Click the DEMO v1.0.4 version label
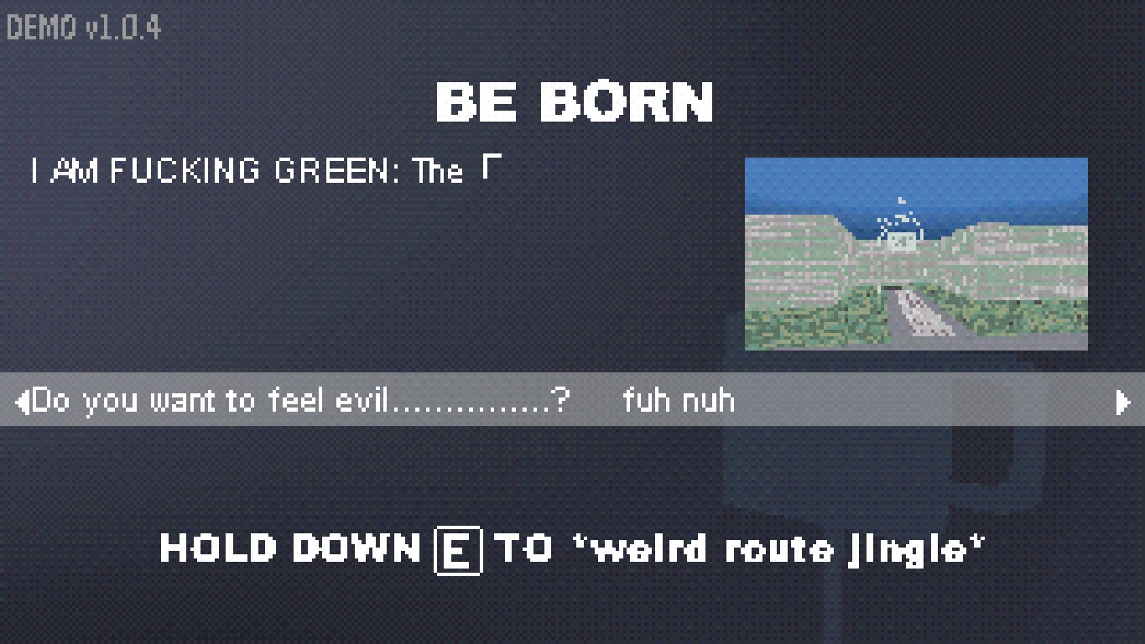pyautogui.click(x=84, y=28)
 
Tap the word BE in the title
pyautogui.click(x=476, y=102)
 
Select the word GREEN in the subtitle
pyautogui.click(x=331, y=170)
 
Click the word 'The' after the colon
pyautogui.click(x=438, y=170)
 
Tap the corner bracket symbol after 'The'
pyautogui.click(x=492, y=167)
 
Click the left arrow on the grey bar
pyautogui.click(x=23, y=402)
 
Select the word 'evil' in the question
pyautogui.click(x=362, y=400)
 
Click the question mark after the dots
pyautogui.click(x=561, y=400)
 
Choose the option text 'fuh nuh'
pyautogui.click(x=679, y=400)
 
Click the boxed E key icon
pyautogui.click(x=458, y=551)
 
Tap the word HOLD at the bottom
pyautogui.click(x=219, y=548)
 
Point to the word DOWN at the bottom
pyautogui.click(x=357, y=548)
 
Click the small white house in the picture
pyautogui.click(x=901, y=239)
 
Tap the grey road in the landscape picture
pyautogui.click(x=920, y=318)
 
